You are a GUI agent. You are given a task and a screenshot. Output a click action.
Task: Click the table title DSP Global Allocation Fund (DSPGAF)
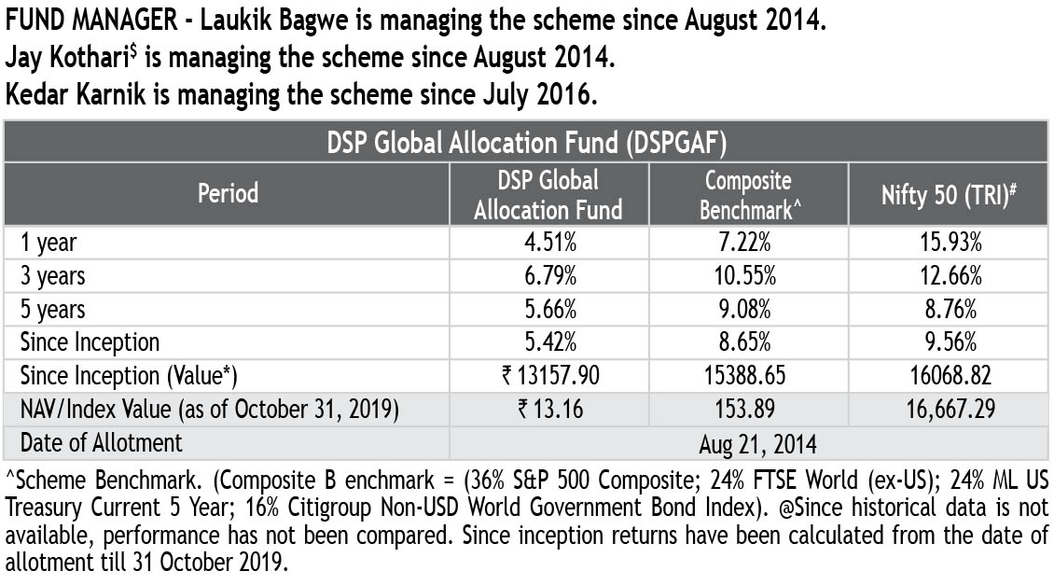(527, 143)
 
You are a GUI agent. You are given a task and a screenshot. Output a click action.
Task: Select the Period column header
(228, 193)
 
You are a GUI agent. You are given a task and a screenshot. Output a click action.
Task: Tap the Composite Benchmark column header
(748, 194)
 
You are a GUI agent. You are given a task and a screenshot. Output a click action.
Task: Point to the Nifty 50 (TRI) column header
(949, 194)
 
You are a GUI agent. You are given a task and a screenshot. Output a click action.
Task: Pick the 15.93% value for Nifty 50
(949, 243)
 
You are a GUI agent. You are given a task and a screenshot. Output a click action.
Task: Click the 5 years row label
(53, 309)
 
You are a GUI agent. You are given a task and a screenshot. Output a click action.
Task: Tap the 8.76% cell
(949, 309)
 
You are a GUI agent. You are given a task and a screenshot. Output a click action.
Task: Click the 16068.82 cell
(949, 375)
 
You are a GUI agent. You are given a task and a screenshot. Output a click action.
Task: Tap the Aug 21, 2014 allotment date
(748, 442)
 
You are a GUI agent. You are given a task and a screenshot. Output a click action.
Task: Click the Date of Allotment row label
(102, 441)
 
